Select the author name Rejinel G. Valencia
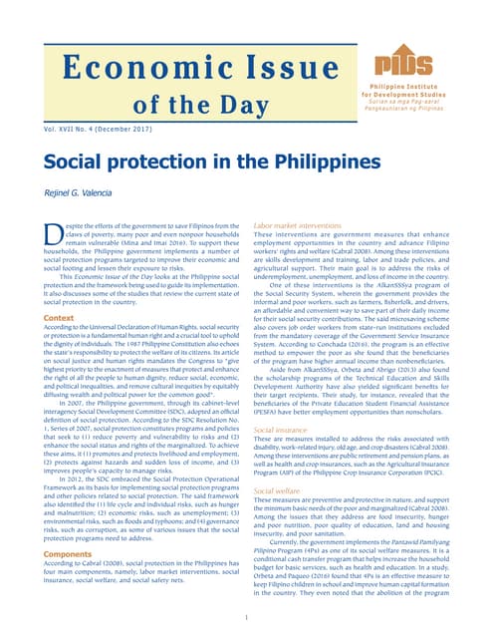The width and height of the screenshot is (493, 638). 79,192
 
